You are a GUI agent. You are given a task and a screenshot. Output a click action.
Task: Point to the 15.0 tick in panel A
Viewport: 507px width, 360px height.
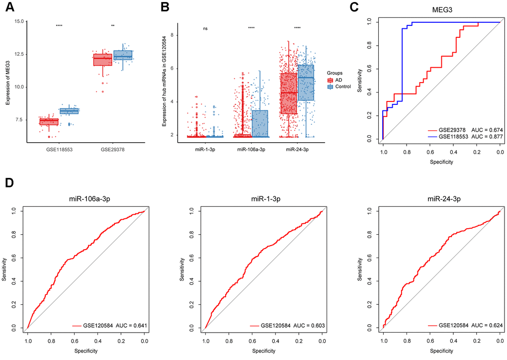click(19, 21)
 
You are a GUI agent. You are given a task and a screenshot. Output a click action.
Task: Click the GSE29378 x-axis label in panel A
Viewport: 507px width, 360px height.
click(113, 148)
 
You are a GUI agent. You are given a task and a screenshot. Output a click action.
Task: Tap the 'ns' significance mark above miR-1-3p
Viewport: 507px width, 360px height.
click(205, 28)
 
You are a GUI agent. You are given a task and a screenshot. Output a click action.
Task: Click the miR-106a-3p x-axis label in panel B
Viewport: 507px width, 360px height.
click(251, 148)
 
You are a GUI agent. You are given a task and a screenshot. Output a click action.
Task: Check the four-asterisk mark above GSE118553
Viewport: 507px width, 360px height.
click(59, 26)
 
